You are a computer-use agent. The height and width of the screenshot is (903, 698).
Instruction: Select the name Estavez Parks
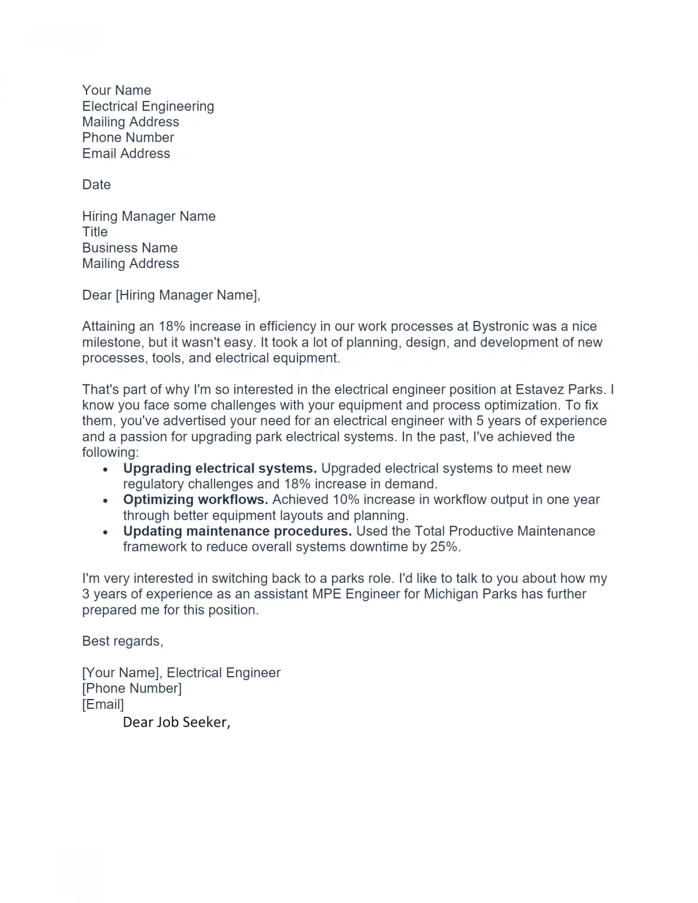tap(559, 390)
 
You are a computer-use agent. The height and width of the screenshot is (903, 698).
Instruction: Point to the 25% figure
tap(443, 547)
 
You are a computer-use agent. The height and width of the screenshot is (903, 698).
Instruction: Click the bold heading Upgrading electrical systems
tap(219, 469)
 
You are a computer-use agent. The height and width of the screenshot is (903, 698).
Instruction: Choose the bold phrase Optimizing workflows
tap(195, 500)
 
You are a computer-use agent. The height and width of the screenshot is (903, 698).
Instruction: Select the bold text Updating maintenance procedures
tap(237, 531)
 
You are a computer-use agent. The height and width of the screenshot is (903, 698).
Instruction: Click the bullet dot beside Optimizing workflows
tap(106, 501)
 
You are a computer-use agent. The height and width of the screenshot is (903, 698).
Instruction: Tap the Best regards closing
tap(122, 641)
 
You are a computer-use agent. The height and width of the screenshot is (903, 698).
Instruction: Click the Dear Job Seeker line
tap(176, 723)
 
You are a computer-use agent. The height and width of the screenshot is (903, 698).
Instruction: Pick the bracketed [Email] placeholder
tap(103, 704)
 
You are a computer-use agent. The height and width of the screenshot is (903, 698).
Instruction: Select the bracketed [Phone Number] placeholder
tap(132, 688)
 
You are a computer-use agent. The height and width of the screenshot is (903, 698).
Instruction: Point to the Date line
tap(96, 185)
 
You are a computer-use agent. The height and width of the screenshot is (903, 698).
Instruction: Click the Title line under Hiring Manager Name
tap(95, 232)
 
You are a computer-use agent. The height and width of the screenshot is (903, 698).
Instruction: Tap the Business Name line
tap(129, 248)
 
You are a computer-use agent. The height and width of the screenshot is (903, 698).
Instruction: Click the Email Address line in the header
tap(126, 154)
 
